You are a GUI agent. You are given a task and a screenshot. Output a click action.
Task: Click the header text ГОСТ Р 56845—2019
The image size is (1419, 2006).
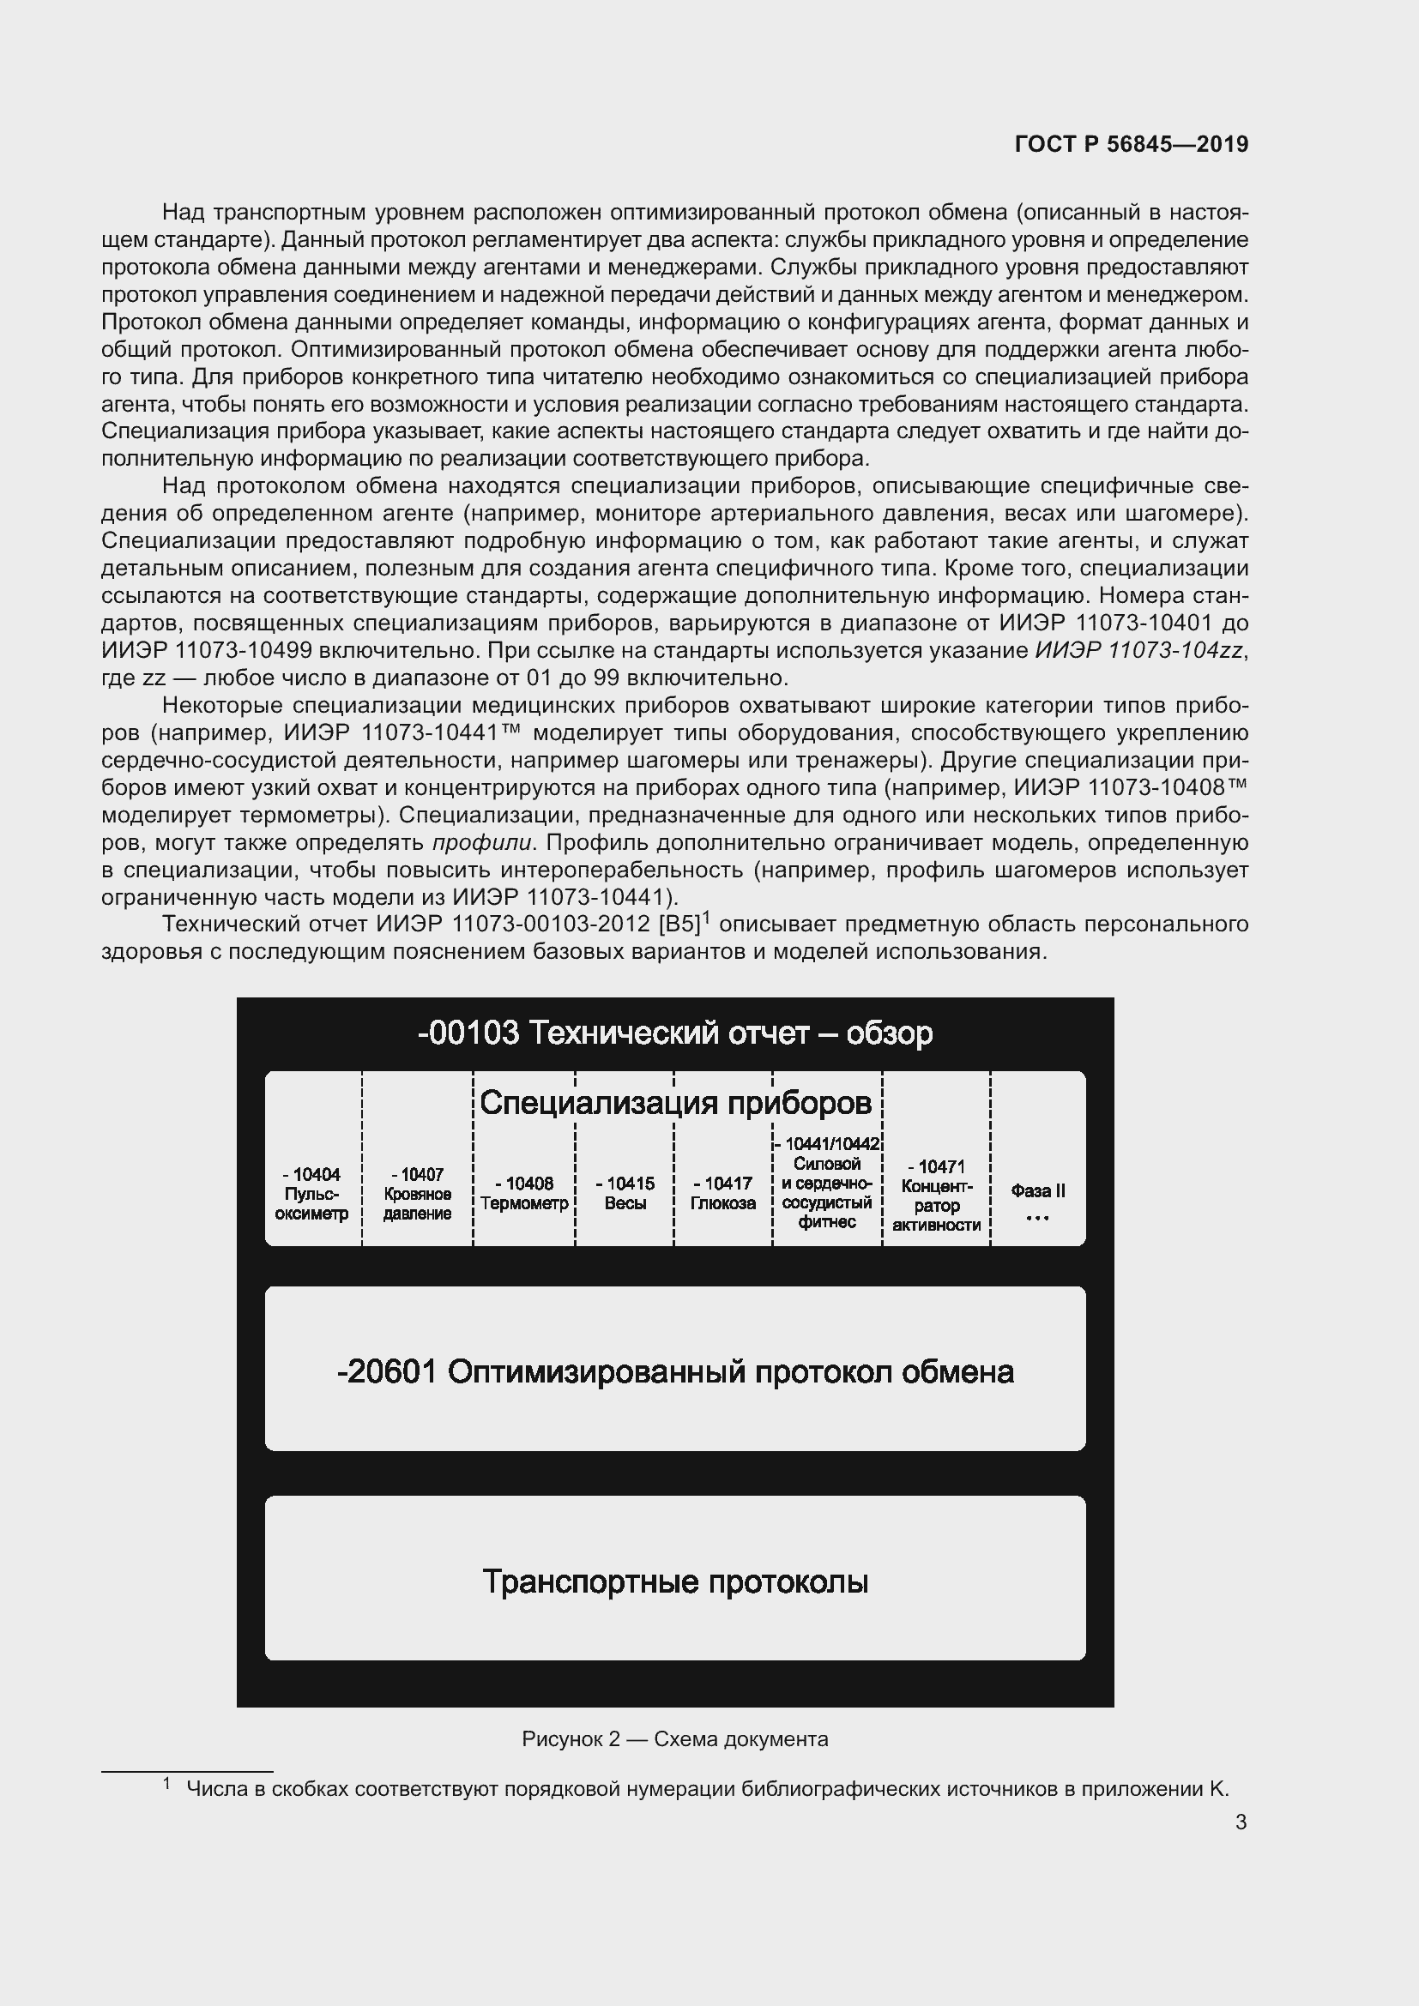coord(1131,144)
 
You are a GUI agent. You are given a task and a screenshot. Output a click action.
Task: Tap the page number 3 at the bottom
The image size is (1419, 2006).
coord(1241,1822)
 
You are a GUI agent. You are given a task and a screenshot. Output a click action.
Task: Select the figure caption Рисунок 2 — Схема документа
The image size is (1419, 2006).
coord(674,1738)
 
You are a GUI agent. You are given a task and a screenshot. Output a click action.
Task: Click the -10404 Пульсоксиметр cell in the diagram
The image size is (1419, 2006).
coord(312,1194)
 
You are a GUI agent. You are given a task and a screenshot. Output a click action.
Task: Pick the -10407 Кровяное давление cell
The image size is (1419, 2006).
coord(417,1194)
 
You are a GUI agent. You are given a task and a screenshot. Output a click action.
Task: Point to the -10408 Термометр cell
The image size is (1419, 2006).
coord(524,1194)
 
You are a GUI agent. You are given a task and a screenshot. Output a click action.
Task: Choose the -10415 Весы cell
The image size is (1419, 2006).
coord(625,1194)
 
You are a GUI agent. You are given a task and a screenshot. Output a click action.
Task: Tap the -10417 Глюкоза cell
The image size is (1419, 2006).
coord(722,1194)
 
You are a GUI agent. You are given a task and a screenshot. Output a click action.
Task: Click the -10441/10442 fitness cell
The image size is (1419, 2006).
coord(826,1183)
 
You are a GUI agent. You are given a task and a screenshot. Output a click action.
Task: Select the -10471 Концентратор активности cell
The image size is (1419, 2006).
coord(936,1196)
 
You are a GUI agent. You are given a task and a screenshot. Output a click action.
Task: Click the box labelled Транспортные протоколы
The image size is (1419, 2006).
coord(674,1581)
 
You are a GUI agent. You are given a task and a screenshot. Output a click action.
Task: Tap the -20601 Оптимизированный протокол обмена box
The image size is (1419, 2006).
coord(674,1371)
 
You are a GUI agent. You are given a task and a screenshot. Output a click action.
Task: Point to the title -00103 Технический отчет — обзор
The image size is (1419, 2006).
coord(674,1033)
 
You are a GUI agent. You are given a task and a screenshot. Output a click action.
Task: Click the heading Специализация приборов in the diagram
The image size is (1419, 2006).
coord(674,1103)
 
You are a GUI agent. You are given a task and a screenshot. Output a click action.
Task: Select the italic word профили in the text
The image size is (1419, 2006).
coord(481,843)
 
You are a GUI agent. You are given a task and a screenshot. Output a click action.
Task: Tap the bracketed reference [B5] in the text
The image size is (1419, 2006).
coord(681,925)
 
